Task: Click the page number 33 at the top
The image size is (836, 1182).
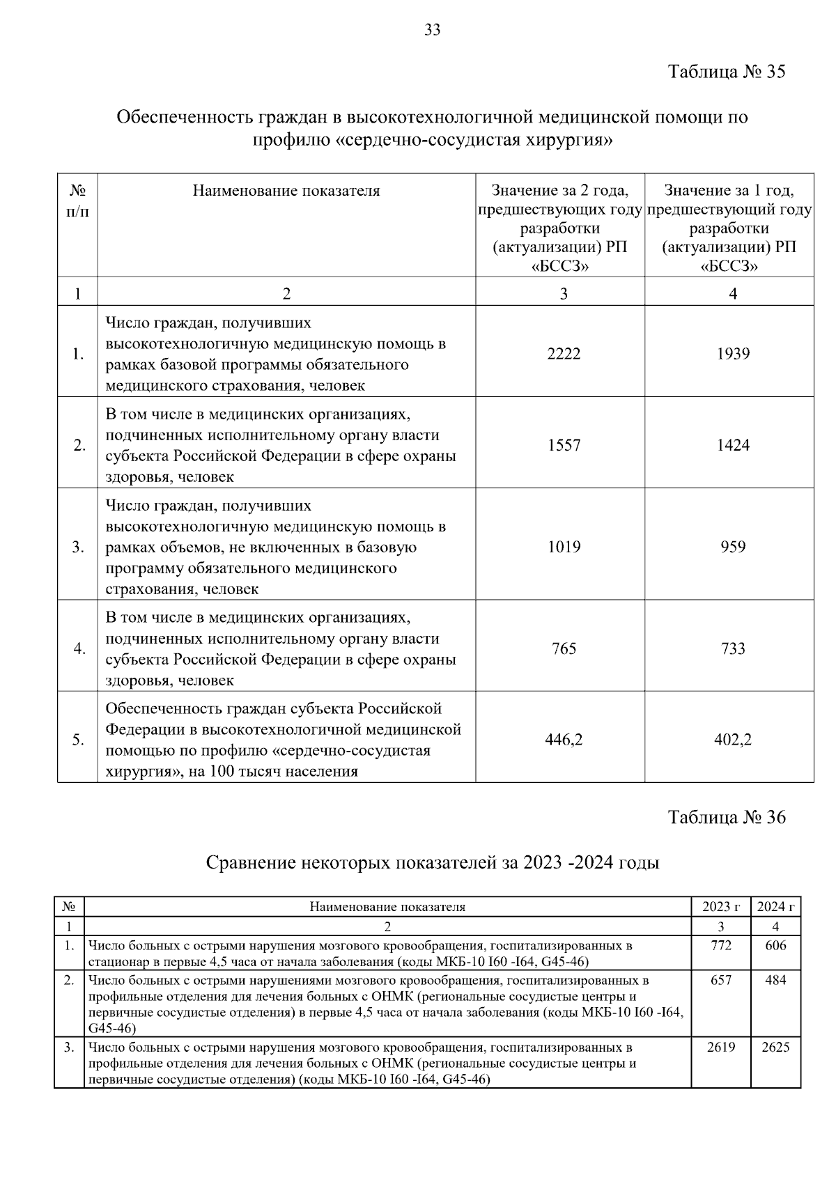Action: coord(432,30)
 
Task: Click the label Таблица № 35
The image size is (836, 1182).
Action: coord(727,72)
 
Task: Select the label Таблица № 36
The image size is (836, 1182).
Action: coord(727,817)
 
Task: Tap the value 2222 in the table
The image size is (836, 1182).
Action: coord(563,354)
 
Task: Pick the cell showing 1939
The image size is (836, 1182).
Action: coord(733,354)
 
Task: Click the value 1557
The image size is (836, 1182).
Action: coord(563,445)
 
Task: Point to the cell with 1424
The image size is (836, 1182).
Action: coord(733,445)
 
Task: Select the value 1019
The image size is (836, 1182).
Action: coord(563,547)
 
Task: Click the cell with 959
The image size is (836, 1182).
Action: coord(733,547)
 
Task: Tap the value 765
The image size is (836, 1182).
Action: coord(563,648)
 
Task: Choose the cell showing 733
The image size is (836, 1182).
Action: coord(733,648)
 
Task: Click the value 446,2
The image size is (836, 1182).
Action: coord(563,740)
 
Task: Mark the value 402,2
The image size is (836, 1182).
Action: coord(733,740)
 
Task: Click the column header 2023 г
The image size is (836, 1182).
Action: coord(721,906)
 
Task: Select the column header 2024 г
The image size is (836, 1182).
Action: coord(775,906)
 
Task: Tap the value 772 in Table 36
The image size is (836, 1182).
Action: coord(721,945)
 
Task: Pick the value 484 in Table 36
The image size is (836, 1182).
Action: coord(775,980)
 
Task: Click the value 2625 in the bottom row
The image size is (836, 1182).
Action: coord(775,1047)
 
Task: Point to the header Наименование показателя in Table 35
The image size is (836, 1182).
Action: coord(286,191)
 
